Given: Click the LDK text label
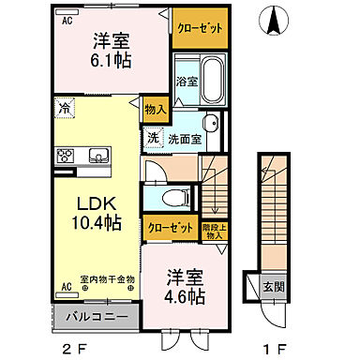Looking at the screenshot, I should tap(89, 202).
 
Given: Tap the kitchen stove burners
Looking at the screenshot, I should tap(66, 156).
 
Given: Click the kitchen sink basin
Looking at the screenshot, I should tap(98, 156).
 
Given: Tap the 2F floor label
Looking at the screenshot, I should tap(73, 349).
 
